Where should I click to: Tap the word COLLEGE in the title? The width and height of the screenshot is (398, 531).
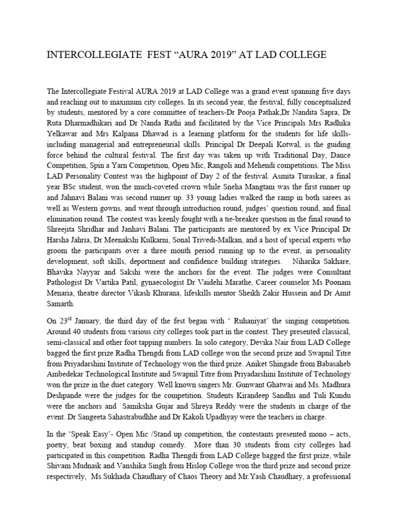(301, 54)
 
